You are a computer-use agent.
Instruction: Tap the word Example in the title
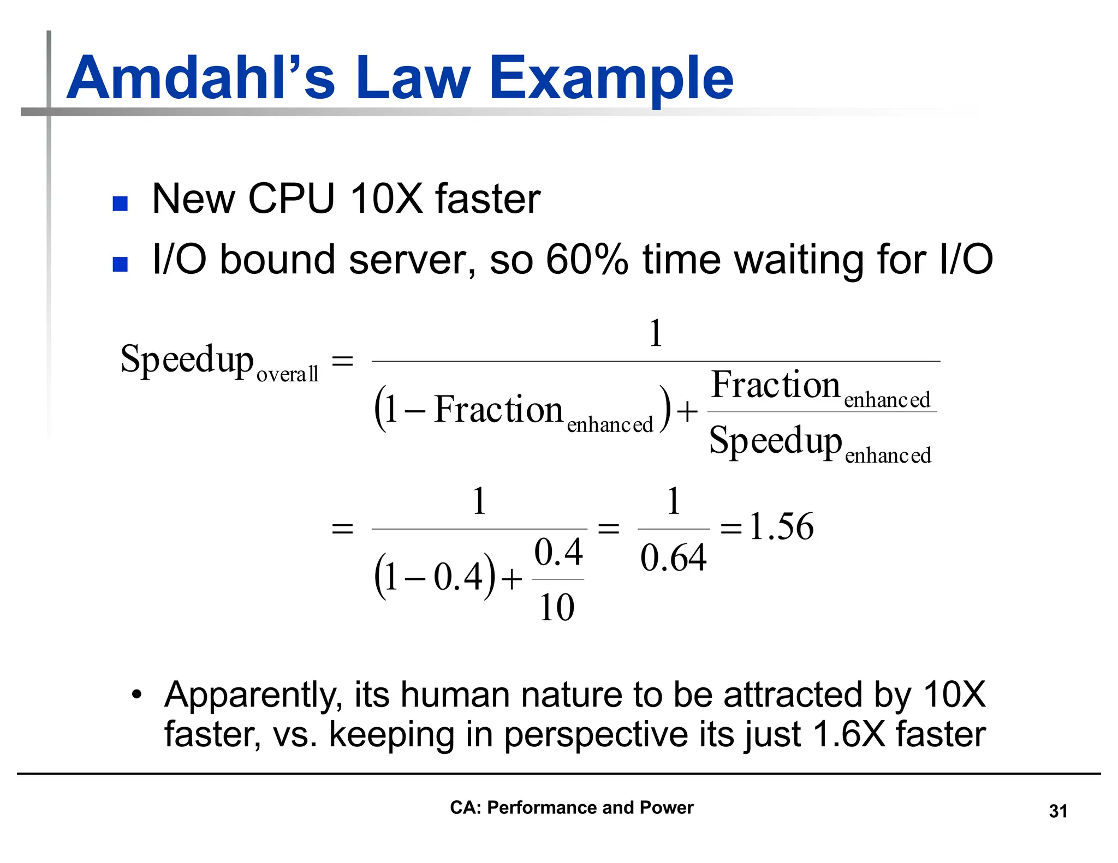coord(611,79)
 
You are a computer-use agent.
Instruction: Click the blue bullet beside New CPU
coord(120,203)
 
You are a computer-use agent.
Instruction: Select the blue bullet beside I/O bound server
coord(120,264)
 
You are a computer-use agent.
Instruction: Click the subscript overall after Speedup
coord(287,374)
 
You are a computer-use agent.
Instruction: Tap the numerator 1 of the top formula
coord(656,333)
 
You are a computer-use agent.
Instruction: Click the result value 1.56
coord(781,527)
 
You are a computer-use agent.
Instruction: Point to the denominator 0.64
coord(673,559)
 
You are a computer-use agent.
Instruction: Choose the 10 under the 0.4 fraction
coord(557,607)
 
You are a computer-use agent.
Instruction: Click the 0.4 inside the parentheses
coord(458,577)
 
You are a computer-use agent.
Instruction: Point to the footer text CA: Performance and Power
coord(571,807)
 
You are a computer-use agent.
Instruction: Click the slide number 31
coord(1058,811)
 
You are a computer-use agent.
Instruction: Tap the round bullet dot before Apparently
coord(136,695)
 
